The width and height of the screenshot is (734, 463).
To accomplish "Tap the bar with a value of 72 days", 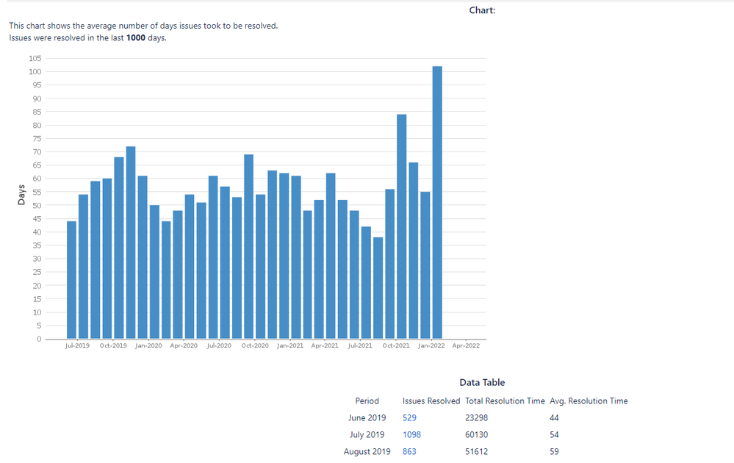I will tap(131, 243).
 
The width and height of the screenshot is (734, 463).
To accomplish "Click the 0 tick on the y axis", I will tap(39, 340).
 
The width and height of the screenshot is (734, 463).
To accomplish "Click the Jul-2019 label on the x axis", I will tap(77, 345).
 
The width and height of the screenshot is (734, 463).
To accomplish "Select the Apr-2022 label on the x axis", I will tap(466, 345).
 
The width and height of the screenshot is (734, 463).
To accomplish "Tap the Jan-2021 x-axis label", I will tap(290, 345).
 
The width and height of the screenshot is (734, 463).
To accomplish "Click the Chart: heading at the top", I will tap(482, 10).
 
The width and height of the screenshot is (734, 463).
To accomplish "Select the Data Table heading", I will tap(482, 383).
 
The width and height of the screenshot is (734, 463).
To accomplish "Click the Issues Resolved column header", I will tap(431, 401).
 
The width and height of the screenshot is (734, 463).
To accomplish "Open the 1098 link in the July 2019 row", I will tap(411, 434).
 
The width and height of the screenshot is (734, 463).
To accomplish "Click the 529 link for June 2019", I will tap(409, 417).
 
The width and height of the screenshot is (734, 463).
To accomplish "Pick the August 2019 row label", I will tap(367, 451).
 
